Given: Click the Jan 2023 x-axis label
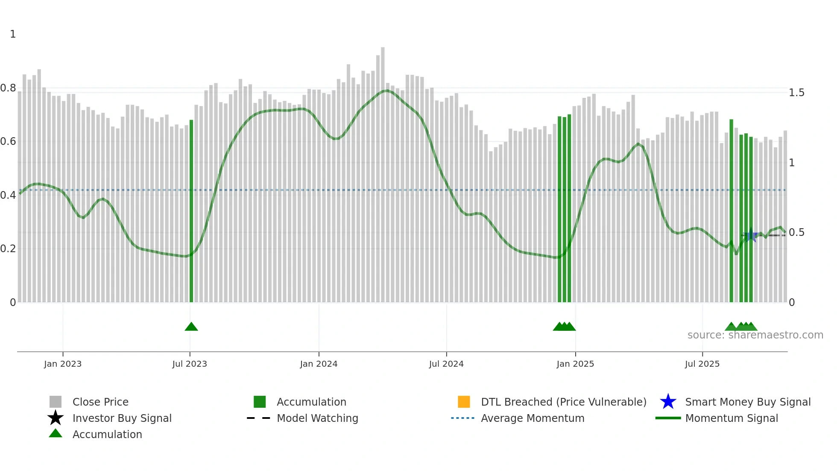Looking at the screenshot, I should tap(63, 364).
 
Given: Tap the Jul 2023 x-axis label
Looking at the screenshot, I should tap(190, 364).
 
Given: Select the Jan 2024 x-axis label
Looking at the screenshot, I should tap(319, 364).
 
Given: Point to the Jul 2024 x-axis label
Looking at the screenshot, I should tap(446, 364).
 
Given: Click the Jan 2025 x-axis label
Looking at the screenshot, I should tap(575, 364).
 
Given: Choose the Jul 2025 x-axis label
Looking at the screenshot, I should tap(702, 364).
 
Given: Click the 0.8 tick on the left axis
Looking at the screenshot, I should tap(8, 88).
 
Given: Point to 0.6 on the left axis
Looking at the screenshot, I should tap(8, 141).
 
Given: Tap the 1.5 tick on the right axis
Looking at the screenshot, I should tap(796, 93).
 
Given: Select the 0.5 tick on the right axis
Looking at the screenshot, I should tap(796, 233).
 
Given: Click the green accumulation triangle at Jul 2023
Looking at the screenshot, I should tap(191, 327).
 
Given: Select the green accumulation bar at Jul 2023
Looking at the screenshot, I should tap(191, 214).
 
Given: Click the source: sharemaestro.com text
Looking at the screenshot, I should tap(755, 335).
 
